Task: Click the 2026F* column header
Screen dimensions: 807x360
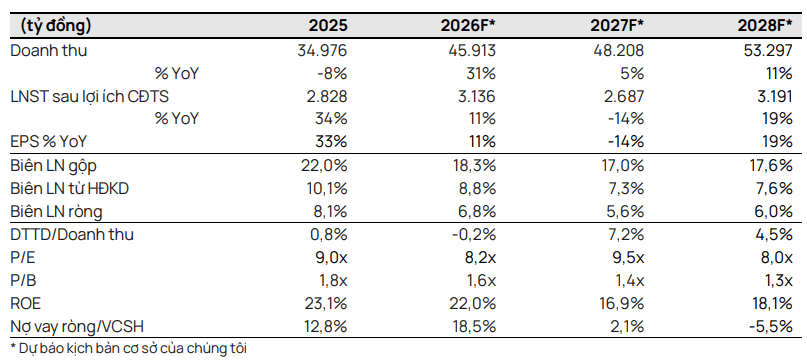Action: click(468, 26)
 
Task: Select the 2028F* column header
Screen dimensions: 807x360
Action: click(765, 26)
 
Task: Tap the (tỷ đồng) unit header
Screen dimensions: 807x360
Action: click(56, 26)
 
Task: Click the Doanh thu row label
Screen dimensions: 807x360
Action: click(49, 51)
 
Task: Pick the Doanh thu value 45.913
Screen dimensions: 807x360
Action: click(471, 51)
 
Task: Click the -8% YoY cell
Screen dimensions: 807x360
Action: click(332, 74)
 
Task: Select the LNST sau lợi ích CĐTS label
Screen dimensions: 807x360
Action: click(90, 96)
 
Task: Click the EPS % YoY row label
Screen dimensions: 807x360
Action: click(48, 141)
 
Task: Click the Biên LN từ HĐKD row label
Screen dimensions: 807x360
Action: click(69, 188)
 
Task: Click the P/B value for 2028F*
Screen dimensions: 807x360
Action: click(776, 279)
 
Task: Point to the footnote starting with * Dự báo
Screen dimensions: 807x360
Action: click(129, 348)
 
